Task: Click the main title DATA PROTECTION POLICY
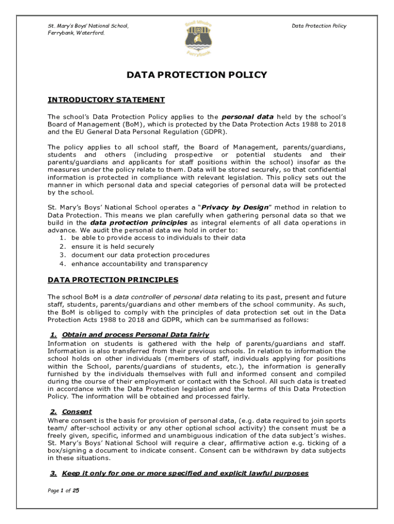point(197,75)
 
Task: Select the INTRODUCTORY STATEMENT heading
point(106,100)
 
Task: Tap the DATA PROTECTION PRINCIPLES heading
point(113,280)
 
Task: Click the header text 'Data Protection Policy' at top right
point(319,26)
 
